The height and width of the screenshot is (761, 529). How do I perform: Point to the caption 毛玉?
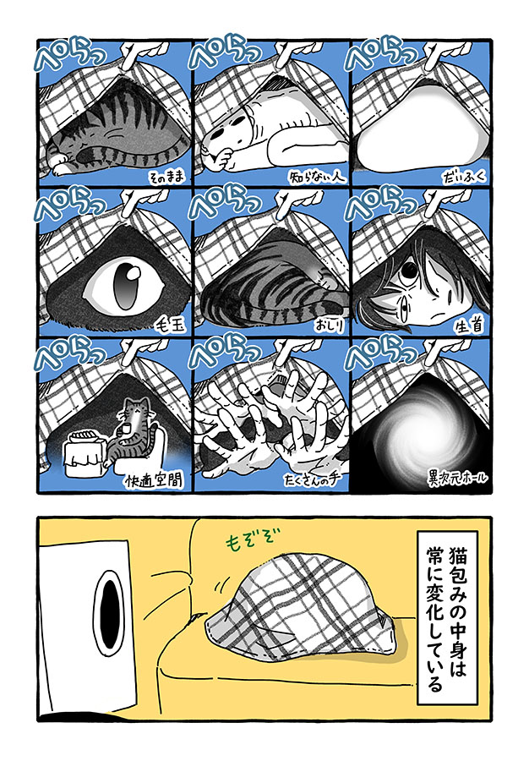tap(170, 326)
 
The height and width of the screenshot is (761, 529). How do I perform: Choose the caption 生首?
tap(469, 326)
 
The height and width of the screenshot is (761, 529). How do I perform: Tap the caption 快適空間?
tap(154, 480)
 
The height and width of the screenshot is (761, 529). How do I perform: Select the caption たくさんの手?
tap(313, 479)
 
